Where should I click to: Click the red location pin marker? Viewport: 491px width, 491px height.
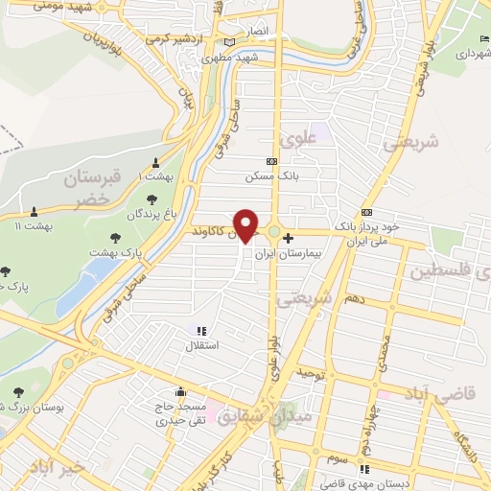(246, 225)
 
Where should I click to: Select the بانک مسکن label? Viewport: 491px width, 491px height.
(265, 176)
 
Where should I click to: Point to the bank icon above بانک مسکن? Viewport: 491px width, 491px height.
(272, 161)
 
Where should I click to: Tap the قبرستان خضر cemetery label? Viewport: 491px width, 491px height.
(91, 189)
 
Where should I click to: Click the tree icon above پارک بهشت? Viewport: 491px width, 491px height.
(116, 235)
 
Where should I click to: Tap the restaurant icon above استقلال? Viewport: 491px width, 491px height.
(201, 330)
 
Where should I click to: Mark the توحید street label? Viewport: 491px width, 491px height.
(315, 371)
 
